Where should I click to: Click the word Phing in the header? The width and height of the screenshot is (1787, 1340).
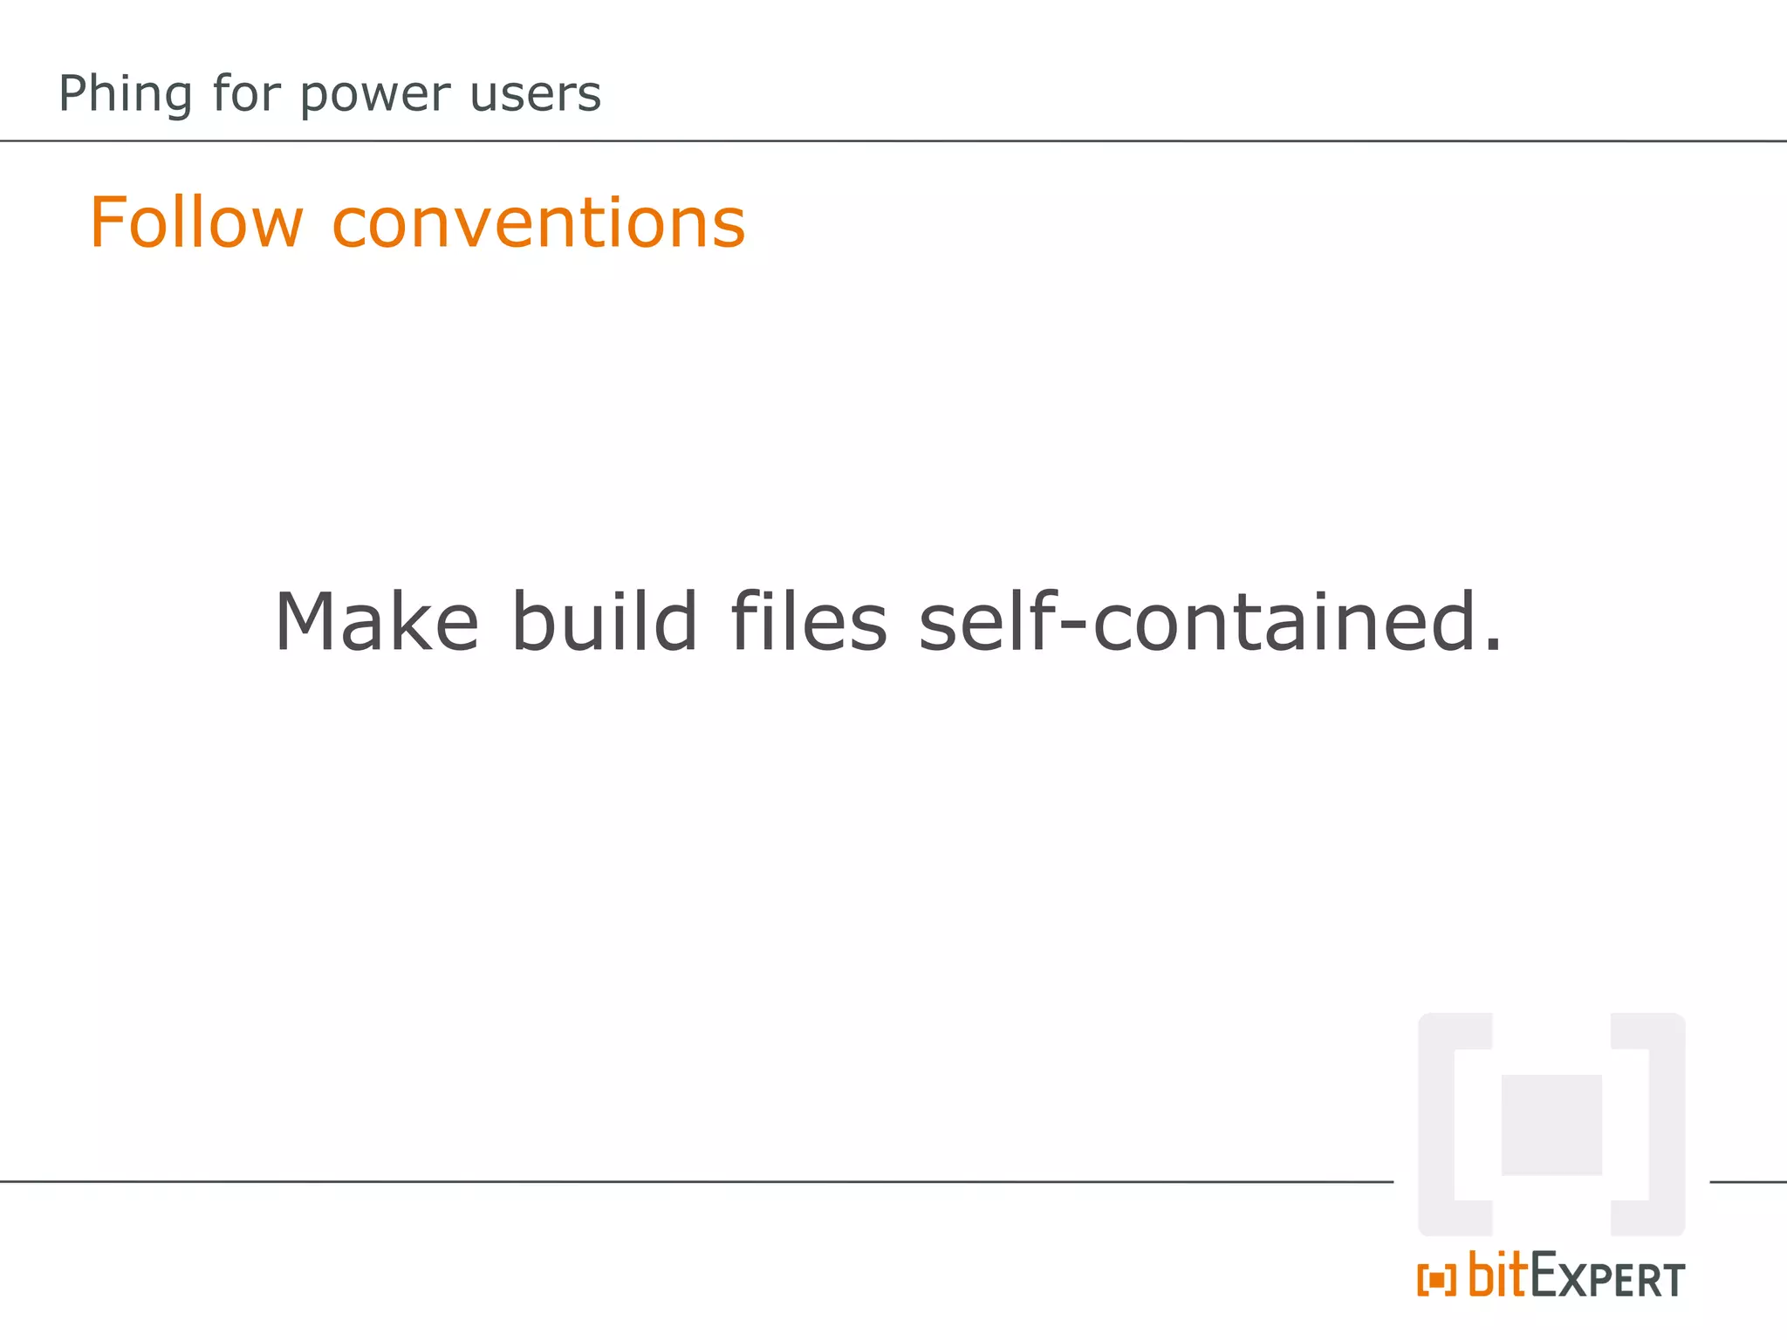pos(124,94)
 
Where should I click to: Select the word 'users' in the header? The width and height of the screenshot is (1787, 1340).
pos(535,94)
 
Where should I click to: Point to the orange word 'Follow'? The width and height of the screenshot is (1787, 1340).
pos(196,223)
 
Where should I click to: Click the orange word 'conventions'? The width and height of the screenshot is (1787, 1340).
pos(538,223)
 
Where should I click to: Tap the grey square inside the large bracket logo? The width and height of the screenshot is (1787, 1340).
pos(1551,1125)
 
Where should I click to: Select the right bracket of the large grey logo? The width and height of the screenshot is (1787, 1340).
pos(1666,1125)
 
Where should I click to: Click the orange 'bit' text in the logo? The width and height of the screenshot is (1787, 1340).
pos(1498,1275)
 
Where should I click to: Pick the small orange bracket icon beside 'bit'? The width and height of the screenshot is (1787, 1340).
pos(1436,1281)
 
